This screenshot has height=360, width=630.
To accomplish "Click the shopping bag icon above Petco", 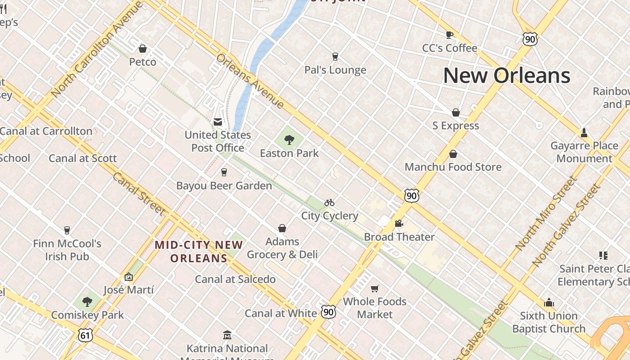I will point(143,49).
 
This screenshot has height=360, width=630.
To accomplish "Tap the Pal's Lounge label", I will point(335,70).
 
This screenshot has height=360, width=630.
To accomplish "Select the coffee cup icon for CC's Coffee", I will point(449,35).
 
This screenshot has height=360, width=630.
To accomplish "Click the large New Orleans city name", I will point(507,76).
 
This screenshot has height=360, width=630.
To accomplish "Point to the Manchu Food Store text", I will point(453,167).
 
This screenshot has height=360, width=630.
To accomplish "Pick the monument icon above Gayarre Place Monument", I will point(584,132).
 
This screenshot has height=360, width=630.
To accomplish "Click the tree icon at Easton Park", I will point(289,139).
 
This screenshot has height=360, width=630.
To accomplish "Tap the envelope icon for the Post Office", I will point(218,121).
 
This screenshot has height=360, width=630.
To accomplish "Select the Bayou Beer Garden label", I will point(224,185).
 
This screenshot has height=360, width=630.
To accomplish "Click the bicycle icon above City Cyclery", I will point(329,202).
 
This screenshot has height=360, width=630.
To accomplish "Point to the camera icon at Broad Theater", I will point(399,223).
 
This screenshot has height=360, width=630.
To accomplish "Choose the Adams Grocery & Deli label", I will point(282,248).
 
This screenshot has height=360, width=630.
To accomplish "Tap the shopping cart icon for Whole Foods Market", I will point(375,288).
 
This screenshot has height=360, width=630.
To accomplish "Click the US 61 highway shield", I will point(85,334).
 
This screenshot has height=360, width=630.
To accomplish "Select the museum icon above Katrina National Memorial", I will point(227,335).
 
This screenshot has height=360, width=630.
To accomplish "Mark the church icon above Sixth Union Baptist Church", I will point(549,302).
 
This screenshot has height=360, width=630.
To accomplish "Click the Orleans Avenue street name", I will point(250,81).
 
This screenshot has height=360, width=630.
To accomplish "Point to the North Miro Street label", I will point(546,213).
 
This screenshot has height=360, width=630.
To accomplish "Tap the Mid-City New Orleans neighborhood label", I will point(199,252).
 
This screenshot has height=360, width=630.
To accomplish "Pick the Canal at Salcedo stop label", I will point(235,279).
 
